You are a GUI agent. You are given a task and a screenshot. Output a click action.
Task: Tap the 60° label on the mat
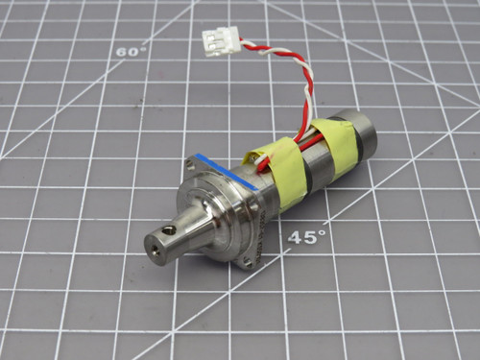pyautogui.click(x=131, y=52)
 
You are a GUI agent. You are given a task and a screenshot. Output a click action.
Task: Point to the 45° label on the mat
pyautogui.click(x=306, y=236)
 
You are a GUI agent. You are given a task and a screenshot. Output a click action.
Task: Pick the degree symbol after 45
pyautogui.click(x=323, y=230)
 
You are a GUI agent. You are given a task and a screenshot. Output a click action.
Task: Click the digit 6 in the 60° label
pyautogui.click(x=123, y=53)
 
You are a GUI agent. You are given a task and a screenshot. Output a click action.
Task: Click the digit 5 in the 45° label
pyautogui.click(x=310, y=237)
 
